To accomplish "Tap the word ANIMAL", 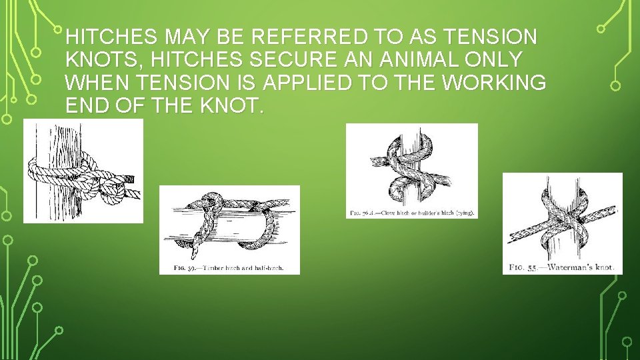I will (413, 59).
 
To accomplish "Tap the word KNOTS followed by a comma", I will (105, 59).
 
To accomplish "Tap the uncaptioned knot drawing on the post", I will (83, 171).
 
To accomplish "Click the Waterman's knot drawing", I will (562, 217).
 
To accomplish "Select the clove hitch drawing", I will (411, 167).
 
